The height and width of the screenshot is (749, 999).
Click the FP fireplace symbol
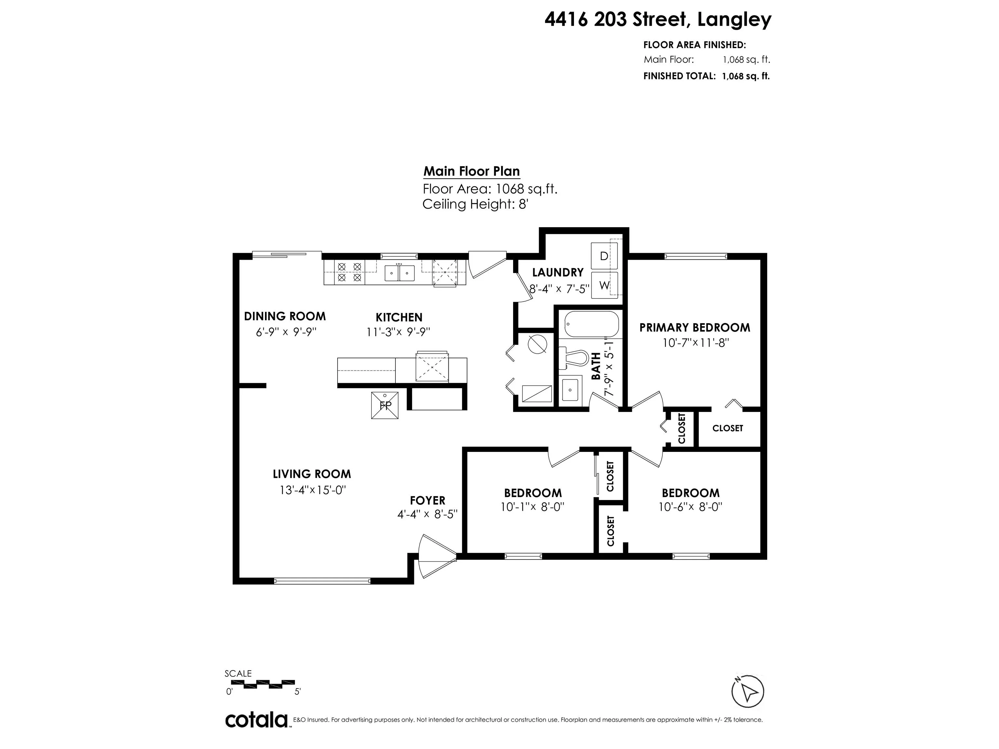point(385,405)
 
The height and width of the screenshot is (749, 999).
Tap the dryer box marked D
point(604,256)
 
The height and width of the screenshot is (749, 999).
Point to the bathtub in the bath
point(591,324)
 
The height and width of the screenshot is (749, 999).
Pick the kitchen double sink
point(400,273)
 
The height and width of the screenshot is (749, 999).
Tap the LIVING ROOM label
point(312,474)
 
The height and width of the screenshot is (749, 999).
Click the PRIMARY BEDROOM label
point(695,328)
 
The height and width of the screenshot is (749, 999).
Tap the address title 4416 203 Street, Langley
point(658,20)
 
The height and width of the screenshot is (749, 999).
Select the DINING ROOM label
point(285,316)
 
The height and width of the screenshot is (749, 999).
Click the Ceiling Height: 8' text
point(475,204)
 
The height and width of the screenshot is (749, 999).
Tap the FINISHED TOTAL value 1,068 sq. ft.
point(746,76)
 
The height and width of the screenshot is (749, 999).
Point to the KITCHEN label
point(399,317)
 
